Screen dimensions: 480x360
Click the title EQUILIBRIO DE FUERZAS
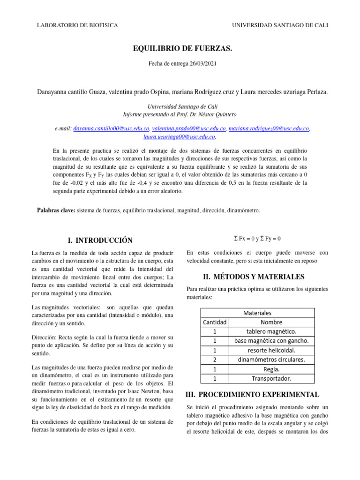pyautogui.click(x=183, y=48)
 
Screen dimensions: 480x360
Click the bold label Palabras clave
pyautogui.click(x=55, y=211)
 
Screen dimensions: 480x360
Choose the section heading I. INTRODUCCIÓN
pyautogui.click(x=100, y=240)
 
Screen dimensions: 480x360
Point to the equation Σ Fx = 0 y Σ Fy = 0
pyautogui.click(x=257, y=239)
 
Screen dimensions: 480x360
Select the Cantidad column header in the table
pyautogui.click(x=215, y=322)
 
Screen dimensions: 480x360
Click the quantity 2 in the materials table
pyautogui.click(x=215, y=360)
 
